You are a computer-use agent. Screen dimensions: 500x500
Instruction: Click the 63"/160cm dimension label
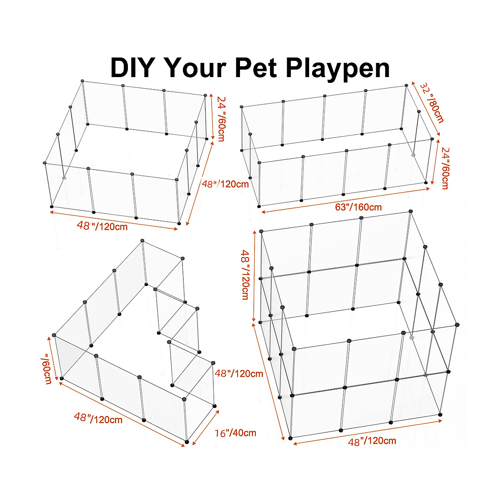coord(358,207)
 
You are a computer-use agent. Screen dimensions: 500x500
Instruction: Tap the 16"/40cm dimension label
coord(236,433)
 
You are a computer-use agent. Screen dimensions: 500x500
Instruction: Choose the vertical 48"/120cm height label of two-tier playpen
coord(245,275)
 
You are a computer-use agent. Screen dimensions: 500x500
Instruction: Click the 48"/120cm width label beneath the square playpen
coord(102,226)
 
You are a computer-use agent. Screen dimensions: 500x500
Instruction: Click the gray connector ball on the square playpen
coord(64,178)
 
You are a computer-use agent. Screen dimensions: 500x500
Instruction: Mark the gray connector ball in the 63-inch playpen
coord(413,155)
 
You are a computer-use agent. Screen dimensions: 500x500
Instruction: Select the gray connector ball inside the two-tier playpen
coord(412,337)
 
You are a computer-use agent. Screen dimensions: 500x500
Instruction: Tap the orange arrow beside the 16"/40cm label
coord(205,427)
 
